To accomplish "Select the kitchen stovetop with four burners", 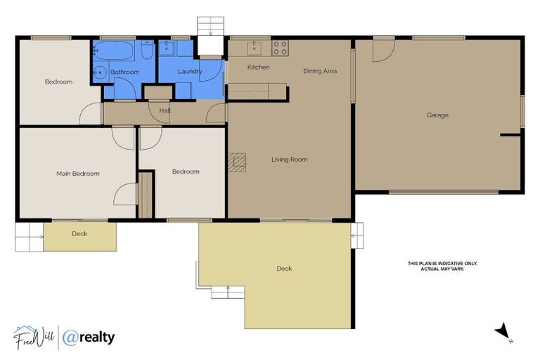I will [x=280, y=48].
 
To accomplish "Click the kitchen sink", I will [x=254, y=47].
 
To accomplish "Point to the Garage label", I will [x=437, y=115].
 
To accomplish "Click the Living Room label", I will [x=289, y=160].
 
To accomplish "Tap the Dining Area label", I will [x=320, y=71].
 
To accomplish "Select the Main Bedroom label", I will [x=77, y=174].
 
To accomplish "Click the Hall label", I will [x=165, y=110].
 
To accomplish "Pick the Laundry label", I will [x=190, y=72].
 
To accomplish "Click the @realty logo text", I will [x=89, y=338].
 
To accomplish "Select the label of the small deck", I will [x=79, y=233].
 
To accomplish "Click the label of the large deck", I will [x=284, y=269].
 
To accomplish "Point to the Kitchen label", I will [x=258, y=67].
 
